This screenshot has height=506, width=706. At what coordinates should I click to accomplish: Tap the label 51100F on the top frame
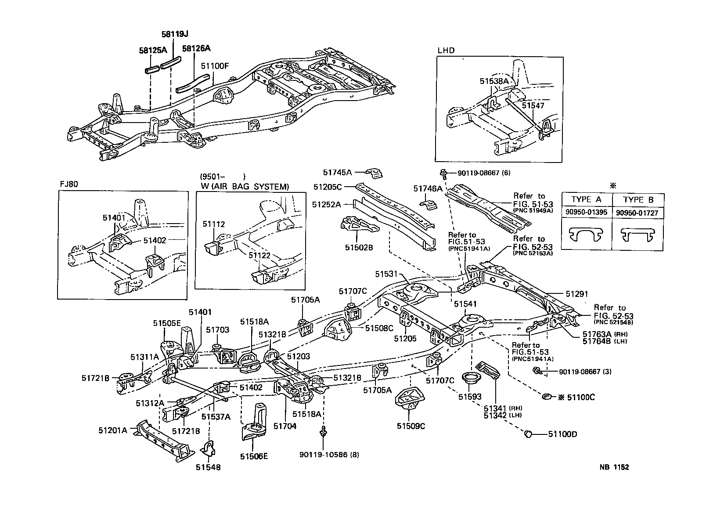(x=215, y=66)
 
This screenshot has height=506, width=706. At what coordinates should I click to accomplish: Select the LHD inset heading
(x=446, y=51)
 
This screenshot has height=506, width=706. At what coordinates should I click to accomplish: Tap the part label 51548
(x=208, y=467)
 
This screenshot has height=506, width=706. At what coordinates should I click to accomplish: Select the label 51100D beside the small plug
(x=562, y=434)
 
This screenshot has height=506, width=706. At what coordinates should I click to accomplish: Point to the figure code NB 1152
(x=614, y=467)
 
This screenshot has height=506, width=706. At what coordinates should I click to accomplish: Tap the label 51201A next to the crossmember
(x=112, y=430)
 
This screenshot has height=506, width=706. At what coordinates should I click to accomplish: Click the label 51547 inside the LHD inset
(x=533, y=106)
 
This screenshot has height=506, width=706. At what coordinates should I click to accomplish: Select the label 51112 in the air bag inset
(x=214, y=224)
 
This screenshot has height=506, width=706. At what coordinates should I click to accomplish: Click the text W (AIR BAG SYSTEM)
(x=245, y=187)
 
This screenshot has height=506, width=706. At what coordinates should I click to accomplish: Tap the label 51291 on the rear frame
(x=576, y=294)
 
